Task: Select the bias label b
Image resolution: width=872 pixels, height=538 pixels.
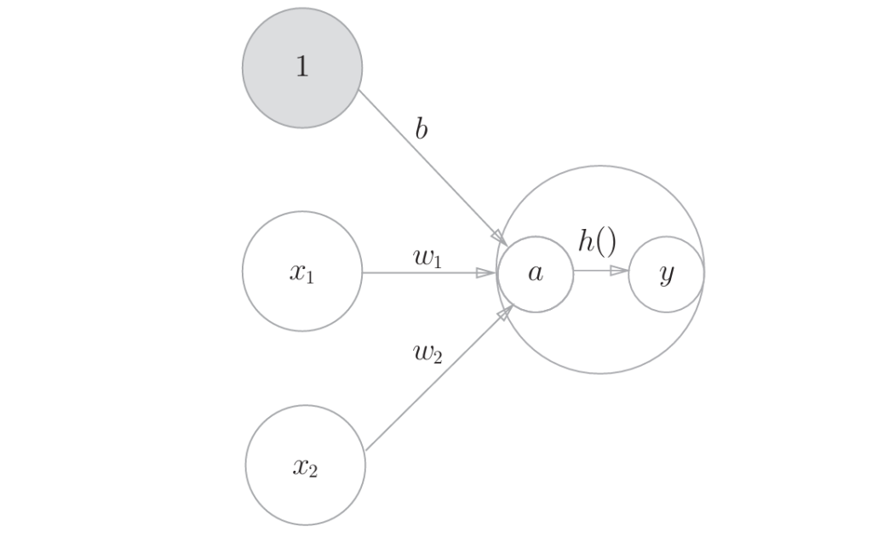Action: (x=421, y=129)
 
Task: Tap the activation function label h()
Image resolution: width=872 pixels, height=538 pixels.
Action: (x=596, y=241)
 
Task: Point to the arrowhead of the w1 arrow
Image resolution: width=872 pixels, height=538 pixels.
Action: (x=485, y=273)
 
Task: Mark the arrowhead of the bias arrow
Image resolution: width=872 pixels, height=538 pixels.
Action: (x=499, y=236)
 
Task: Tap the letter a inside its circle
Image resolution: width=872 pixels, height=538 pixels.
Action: (x=535, y=274)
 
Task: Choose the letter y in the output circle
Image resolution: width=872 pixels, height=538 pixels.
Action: (x=666, y=276)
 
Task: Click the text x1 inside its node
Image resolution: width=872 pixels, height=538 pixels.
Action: (x=302, y=273)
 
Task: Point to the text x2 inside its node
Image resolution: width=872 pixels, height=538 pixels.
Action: (x=305, y=466)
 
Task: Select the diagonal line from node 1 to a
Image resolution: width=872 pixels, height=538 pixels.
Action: (x=426, y=162)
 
